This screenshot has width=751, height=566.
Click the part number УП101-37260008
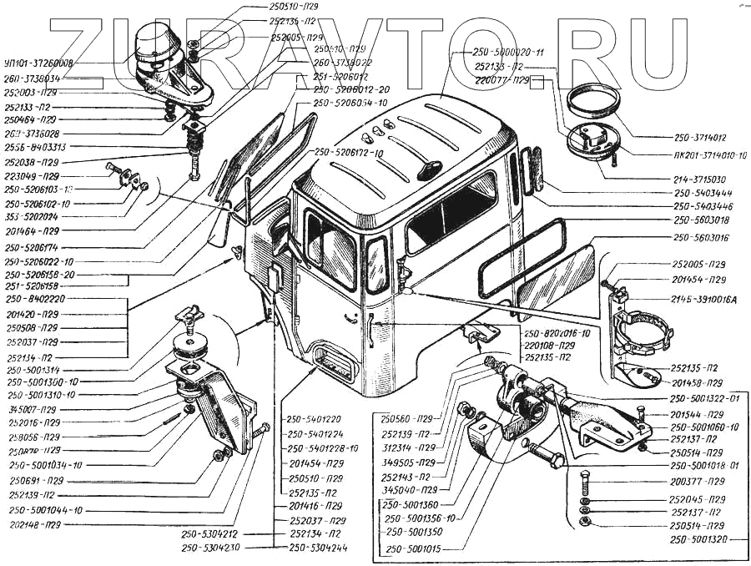[x=38, y=63]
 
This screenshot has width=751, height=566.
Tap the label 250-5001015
[x=419, y=550]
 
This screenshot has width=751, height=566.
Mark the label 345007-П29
[x=33, y=409]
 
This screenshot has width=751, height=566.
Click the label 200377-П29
[x=698, y=483]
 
